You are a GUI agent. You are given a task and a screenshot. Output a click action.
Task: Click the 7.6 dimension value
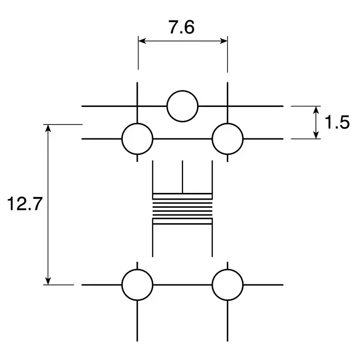point(182,27)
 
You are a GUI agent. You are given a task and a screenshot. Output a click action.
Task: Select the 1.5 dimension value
point(337,122)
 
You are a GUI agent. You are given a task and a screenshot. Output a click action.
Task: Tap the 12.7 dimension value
point(24,204)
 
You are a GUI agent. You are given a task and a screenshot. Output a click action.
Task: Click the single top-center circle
point(183,106)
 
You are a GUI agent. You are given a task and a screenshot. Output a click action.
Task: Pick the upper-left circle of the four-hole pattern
point(137,139)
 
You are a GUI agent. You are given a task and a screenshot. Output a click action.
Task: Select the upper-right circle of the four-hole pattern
point(227,139)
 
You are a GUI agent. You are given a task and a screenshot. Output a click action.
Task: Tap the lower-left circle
point(137,284)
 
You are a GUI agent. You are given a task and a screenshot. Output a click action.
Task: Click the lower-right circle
point(227,284)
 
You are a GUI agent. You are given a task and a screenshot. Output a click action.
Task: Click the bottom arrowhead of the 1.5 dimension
point(316,135)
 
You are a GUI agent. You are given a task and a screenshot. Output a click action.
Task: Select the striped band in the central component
point(183,209)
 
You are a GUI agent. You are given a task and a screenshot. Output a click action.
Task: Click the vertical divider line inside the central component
point(183,177)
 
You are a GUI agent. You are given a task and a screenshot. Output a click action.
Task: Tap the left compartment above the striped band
point(168,177)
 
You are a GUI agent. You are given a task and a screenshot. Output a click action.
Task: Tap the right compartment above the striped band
point(197,177)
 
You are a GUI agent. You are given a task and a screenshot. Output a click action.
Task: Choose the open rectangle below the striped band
point(183,241)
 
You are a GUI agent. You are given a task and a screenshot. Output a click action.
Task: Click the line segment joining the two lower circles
point(183,284)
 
